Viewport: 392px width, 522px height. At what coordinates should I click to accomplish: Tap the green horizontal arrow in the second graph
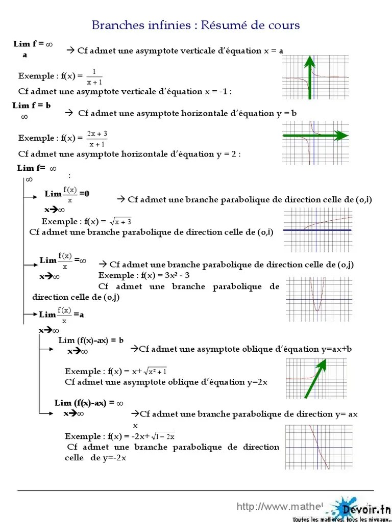315,135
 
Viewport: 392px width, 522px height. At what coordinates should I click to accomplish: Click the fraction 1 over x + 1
94,76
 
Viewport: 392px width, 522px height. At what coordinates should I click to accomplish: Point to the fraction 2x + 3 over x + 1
96,138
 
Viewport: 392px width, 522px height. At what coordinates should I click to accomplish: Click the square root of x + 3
121,222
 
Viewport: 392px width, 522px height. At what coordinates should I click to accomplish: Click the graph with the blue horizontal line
317,231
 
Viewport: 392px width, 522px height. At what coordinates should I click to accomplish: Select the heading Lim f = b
32,105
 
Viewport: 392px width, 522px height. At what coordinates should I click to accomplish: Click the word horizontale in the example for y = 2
148,154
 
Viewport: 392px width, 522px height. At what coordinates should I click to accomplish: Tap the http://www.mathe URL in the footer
279,507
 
